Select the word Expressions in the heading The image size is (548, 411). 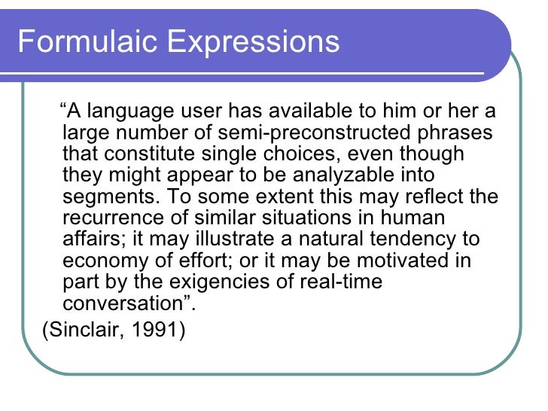point(253,41)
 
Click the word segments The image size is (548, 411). point(106,197)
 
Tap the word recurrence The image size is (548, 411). point(108,219)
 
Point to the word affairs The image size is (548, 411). point(89,240)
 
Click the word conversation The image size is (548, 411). point(123,304)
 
